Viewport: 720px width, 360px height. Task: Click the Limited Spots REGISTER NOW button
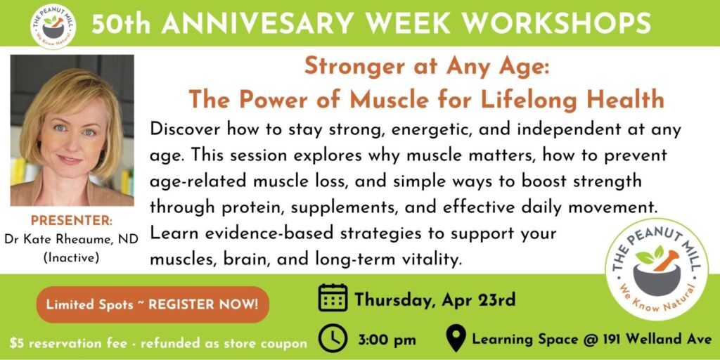tap(152, 304)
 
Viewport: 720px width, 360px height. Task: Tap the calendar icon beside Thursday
tap(333, 297)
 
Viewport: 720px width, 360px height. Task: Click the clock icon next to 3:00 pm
tap(333, 338)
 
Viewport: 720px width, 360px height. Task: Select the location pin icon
tap(456, 338)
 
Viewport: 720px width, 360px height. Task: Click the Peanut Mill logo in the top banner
tap(53, 26)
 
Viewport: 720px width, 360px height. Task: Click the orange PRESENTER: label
tap(72, 220)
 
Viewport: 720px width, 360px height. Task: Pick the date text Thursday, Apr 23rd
tap(435, 300)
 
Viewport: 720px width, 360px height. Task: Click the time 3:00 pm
tap(386, 340)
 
